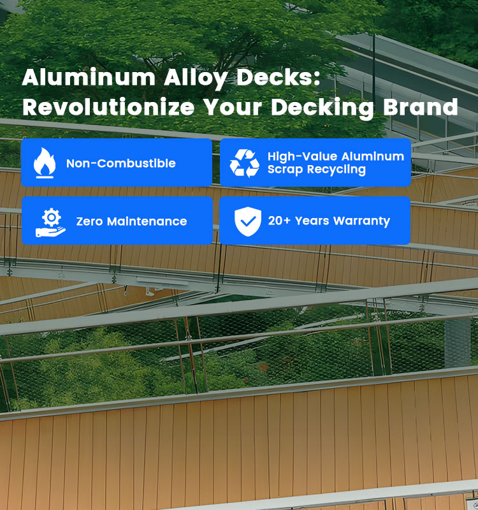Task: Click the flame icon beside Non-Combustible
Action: (x=45, y=163)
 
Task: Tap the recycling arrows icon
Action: (x=245, y=163)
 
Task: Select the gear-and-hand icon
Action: (x=50, y=222)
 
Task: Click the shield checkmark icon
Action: (x=248, y=221)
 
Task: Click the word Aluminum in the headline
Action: (x=89, y=77)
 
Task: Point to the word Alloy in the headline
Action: (x=196, y=78)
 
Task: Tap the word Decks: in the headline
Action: (x=279, y=77)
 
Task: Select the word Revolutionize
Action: (x=108, y=106)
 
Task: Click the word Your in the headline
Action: (x=233, y=107)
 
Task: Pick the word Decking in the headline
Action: (x=322, y=108)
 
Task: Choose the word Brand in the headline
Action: (x=421, y=106)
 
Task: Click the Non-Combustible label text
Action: (x=121, y=163)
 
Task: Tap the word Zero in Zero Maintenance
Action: (x=89, y=221)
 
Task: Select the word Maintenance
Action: (x=147, y=221)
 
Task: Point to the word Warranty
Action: (x=361, y=222)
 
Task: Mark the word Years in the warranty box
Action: (x=312, y=221)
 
